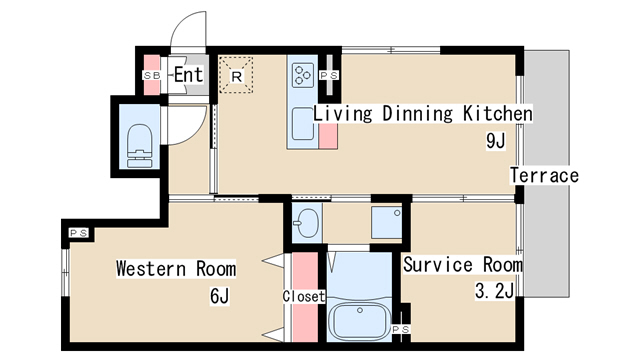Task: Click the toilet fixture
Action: pyautogui.click(x=139, y=146)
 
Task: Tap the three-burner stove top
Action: pyautogui.click(x=303, y=75)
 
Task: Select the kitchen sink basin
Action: pyautogui.click(x=303, y=123)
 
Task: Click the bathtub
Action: pyautogui.click(x=359, y=320)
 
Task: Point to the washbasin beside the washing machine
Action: pyautogui.click(x=307, y=222)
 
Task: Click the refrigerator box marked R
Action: pyautogui.click(x=236, y=75)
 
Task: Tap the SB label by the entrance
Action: pyautogui.click(x=151, y=76)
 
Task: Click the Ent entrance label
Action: pyautogui.click(x=189, y=75)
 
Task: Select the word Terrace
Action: pyautogui.click(x=544, y=176)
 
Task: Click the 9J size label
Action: pyautogui.click(x=496, y=141)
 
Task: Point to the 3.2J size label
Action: pyautogui.click(x=494, y=291)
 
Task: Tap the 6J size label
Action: pyautogui.click(x=220, y=296)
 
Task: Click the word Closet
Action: pyautogui.click(x=304, y=296)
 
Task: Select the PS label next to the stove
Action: pyautogui.click(x=329, y=76)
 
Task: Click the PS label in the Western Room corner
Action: pyautogui.click(x=79, y=233)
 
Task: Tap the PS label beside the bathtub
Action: pyautogui.click(x=401, y=329)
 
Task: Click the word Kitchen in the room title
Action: pyautogui.click(x=498, y=113)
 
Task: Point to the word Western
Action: pyautogui.click(x=151, y=269)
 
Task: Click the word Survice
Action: pyautogui.click(x=438, y=264)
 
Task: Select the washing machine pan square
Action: pyautogui.click(x=386, y=223)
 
